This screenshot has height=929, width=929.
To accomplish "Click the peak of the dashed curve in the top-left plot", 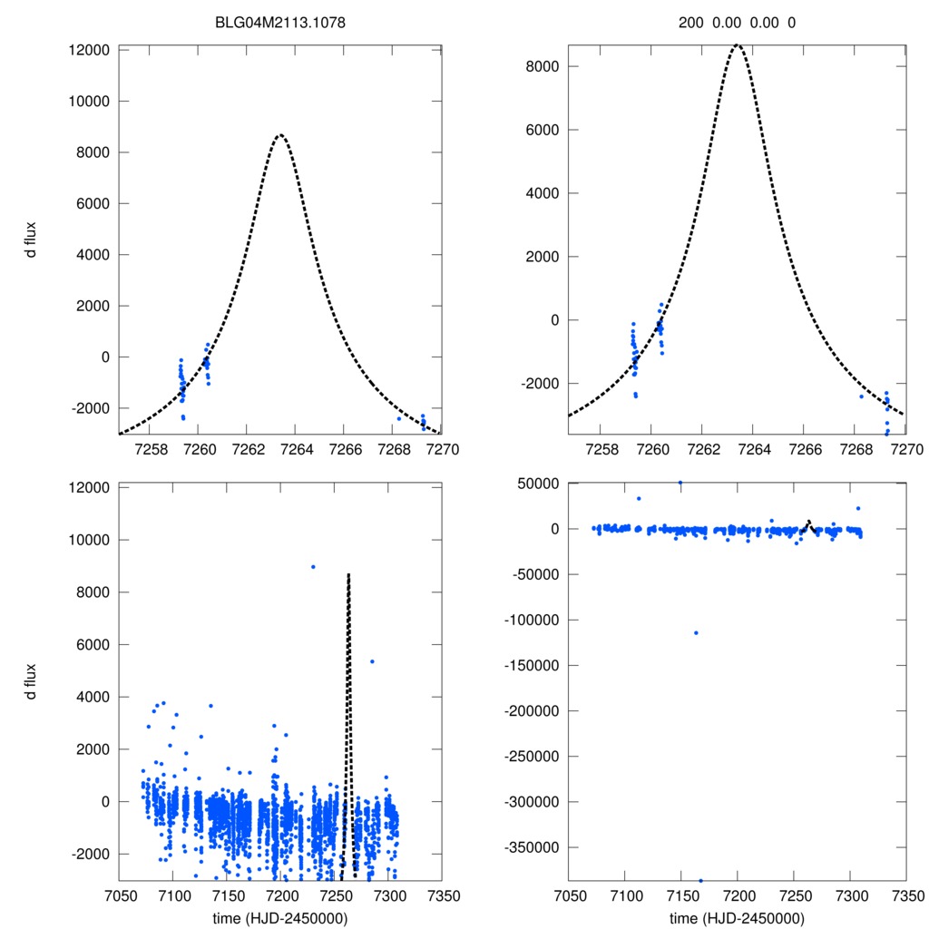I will (280, 135).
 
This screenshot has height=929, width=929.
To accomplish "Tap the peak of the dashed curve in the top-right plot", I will (738, 44).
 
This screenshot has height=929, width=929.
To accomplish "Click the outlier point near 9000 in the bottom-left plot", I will (313, 566).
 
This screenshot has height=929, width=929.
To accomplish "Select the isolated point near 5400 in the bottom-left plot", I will (372, 661).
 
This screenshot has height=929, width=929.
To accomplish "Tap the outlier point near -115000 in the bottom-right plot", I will (696, 632).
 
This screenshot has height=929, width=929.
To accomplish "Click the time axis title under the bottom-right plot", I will (737, 917).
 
